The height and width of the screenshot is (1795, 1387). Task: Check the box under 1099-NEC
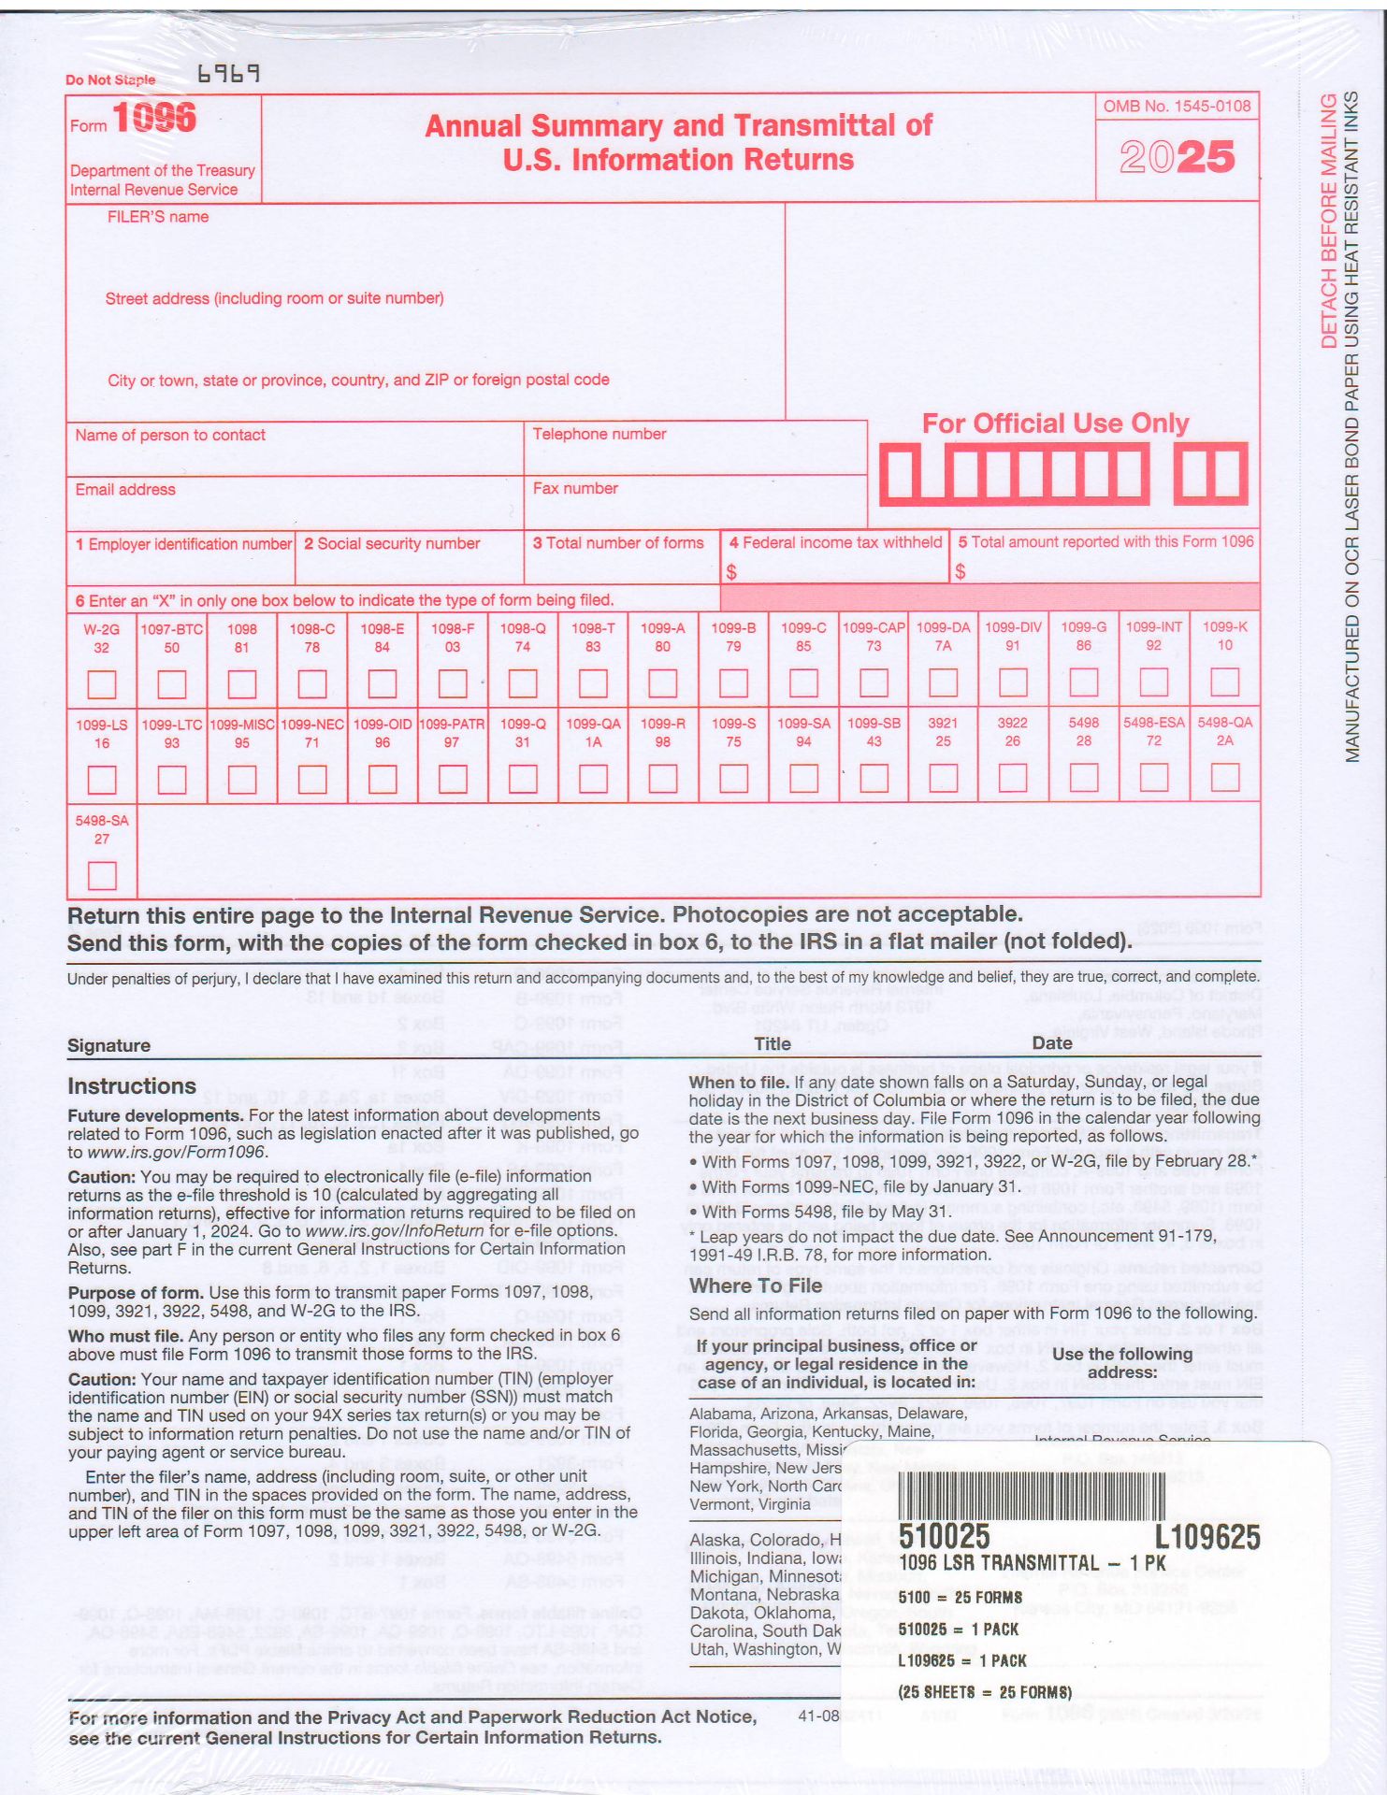(311, 779)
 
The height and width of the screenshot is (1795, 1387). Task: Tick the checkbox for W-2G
(101, 684)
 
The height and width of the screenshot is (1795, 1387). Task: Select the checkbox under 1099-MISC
(241, 779)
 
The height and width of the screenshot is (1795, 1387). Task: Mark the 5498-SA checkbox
(101, 875)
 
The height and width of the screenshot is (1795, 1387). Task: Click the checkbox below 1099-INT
(1153, 682)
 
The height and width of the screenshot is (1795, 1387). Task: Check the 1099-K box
(1224, 682)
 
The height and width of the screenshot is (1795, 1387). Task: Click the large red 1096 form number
(154, 118)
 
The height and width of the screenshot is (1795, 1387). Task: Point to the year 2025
(1177, 157)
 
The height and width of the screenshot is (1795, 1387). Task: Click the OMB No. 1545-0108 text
(1177, 106)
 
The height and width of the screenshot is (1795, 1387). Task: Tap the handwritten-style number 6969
(228, 74)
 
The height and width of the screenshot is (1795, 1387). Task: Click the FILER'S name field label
(157, 217)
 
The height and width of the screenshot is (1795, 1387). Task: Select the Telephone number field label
(599, 434)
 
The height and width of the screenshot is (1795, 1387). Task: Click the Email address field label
(125, 489)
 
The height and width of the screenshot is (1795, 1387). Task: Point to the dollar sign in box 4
(731, 571)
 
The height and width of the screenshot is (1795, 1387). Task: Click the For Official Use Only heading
(1055, 424)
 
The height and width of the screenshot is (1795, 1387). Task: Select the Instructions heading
(132, 1085)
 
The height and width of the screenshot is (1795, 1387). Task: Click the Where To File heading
(756, 1285)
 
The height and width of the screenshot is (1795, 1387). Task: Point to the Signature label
(108, 1045)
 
